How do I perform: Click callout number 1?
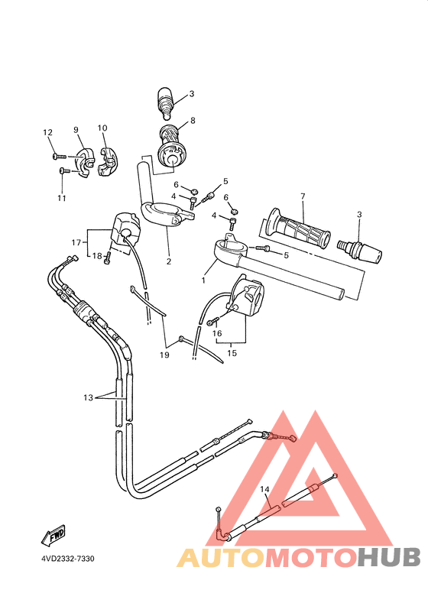point(203,280)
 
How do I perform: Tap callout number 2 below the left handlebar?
point(168,261)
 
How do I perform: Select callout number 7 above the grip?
point(303,196)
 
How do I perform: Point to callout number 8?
point(193,120)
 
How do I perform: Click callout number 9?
point(76,130)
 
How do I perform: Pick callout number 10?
point(102,128)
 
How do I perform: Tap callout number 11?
point(62,198)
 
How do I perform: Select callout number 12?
point(47,132)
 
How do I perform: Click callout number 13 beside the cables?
point(89,397)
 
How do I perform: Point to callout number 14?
point(264,489)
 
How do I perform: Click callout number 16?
point(216,333)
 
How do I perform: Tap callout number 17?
point(76,242)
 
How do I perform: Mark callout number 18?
point(97,256)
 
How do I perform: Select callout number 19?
point(164,355)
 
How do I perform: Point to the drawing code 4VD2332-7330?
point(68,559)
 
